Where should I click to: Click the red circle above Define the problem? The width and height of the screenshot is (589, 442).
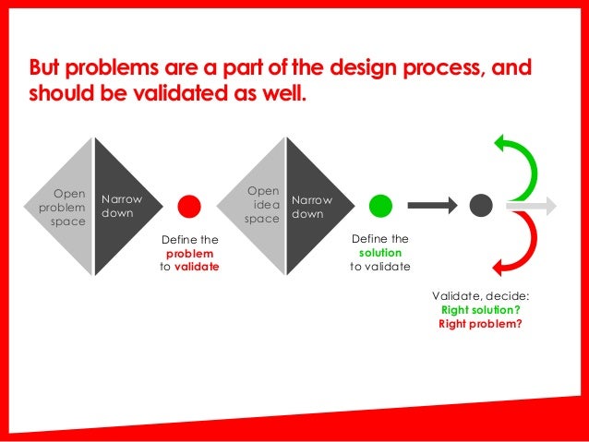[189, 206]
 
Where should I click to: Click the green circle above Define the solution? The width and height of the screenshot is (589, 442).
[379, 206]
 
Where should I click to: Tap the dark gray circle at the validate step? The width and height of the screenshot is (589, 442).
[480, 206]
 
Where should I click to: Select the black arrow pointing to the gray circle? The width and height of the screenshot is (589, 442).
[432, 206]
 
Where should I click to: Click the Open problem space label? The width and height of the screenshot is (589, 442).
[63, 209]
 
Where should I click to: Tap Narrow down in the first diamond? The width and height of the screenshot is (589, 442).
[121, 206]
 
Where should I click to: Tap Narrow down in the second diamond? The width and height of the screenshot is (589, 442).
[311, 207]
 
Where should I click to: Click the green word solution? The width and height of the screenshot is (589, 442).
[379, 252]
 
